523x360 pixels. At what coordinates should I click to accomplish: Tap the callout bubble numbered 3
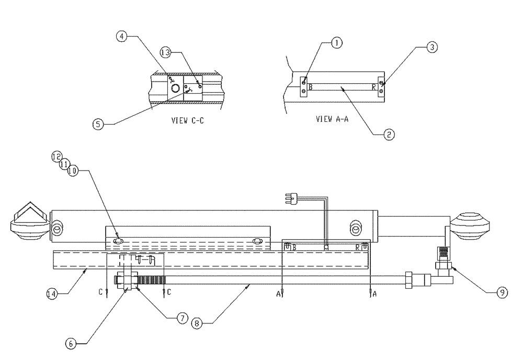(432, 47)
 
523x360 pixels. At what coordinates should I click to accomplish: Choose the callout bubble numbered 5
(98, 124)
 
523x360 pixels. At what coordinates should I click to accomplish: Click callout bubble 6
(71, 343)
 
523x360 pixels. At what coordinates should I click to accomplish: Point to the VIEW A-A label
(333, 119)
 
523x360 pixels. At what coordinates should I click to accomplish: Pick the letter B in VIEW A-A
(310, 87)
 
